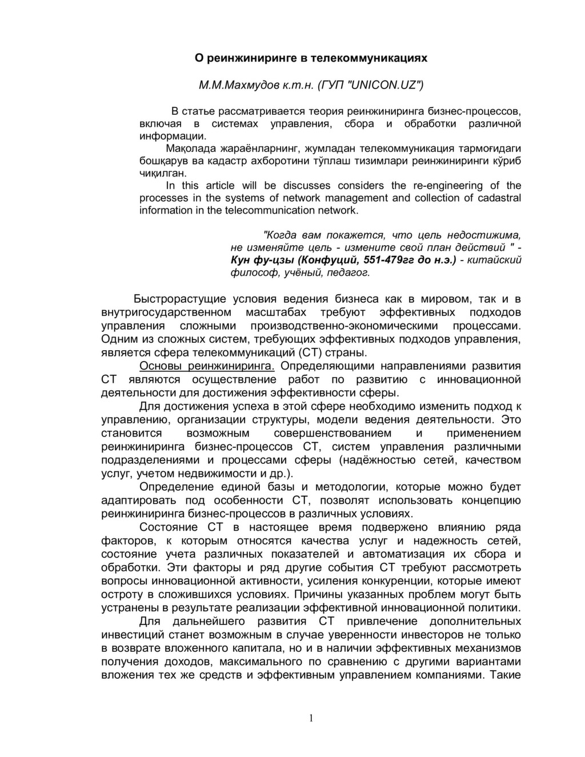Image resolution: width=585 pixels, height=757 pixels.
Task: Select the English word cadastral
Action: pos(496,198)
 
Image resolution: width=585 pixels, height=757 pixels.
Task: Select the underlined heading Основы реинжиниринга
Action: pos(207,366)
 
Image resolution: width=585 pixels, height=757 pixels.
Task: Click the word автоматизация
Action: pos(434,554)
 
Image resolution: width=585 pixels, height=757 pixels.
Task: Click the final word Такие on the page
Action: pos(506,675)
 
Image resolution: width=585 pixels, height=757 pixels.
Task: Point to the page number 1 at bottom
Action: pos(311,718)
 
